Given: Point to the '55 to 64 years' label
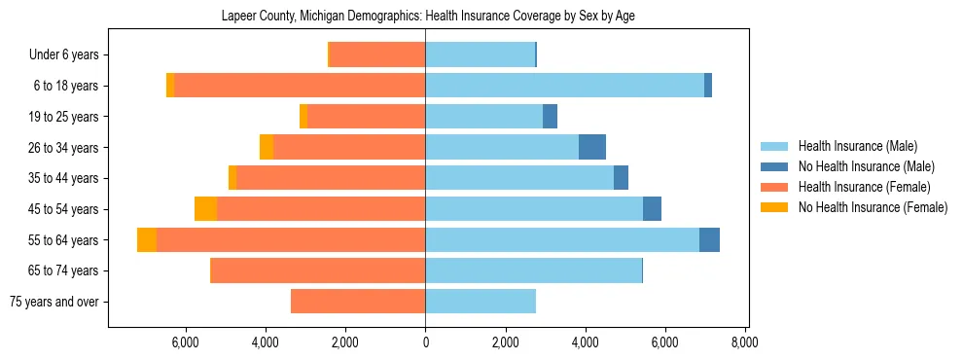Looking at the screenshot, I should (64, 239).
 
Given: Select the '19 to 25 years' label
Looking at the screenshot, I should (64, 117).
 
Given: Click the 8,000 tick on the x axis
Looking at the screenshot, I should (745, 342).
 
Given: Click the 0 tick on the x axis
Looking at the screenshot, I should (425, 342).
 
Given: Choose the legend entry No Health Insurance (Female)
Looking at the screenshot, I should (873, 207).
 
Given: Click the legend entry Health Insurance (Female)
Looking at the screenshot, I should (864, 187).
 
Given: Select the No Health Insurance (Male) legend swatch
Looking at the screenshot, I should (774, 166).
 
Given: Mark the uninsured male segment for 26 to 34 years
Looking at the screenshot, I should (592, 147).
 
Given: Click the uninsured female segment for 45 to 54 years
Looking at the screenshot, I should (205, 209).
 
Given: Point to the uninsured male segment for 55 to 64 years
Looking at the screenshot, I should (709, 239).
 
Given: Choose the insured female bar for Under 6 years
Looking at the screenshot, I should (377, 54).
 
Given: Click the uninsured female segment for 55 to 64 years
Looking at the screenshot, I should (147, 239).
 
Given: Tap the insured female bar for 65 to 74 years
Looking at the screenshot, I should (318, 270).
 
